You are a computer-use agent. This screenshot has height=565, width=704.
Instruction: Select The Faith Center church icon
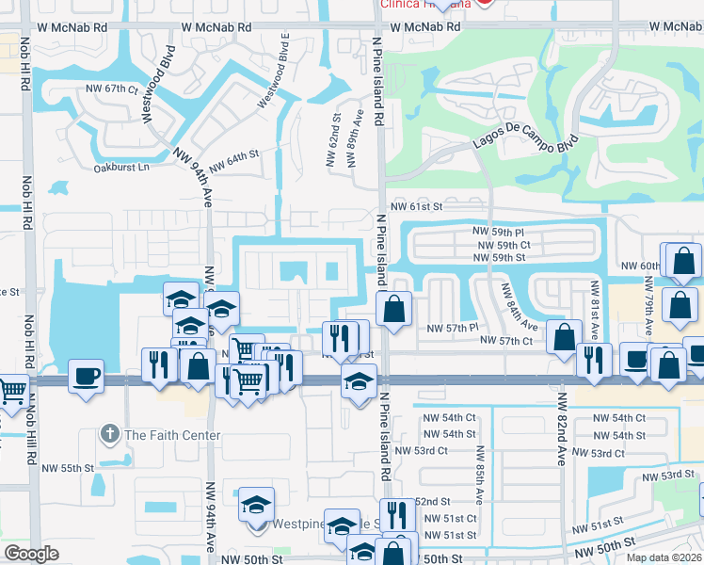point(111,435)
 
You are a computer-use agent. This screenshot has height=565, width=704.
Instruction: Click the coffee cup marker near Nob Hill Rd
point(87,376)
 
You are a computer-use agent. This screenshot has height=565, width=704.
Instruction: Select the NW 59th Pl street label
point(498,232)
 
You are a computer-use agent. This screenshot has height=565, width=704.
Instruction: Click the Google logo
point(31,554)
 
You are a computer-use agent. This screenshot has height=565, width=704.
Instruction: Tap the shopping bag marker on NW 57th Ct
point(564,338)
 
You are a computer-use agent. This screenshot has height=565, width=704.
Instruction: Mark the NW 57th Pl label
point(453,328)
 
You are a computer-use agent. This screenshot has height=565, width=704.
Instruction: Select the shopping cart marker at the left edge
point(11,390)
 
